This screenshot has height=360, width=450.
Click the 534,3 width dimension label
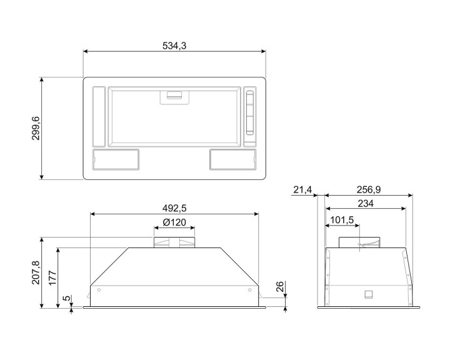(x=174, y=46)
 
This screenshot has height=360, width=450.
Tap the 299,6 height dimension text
(x=36, y=128)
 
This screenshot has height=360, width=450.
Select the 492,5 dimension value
(x=174, y=208)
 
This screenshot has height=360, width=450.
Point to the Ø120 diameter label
(x=174, y=222)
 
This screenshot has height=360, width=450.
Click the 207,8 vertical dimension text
(x=36, y=272)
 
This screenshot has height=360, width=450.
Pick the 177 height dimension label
(x=52, y=277)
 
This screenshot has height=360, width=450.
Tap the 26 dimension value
(x=279, y=287)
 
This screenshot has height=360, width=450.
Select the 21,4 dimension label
(x=302, y=189)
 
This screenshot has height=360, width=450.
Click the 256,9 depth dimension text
(x=369, y=189)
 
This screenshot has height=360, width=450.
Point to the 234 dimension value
(x=366, y=204)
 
